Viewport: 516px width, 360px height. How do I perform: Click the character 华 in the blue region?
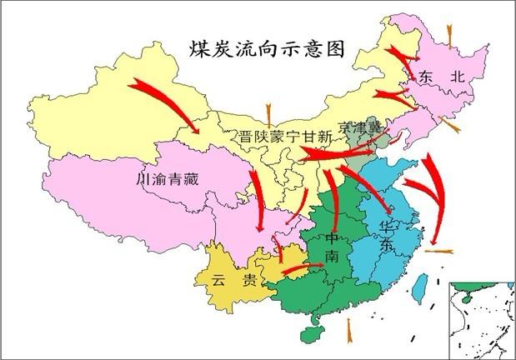tap(387, 227)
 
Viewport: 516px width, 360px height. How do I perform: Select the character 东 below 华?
tap(387, 246)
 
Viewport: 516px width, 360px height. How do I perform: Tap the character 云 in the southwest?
tap(219, 281)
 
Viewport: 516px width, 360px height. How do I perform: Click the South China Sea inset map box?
tap(482, 320)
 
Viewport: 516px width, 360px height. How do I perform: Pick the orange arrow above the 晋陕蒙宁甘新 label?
tap(268, 112)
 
